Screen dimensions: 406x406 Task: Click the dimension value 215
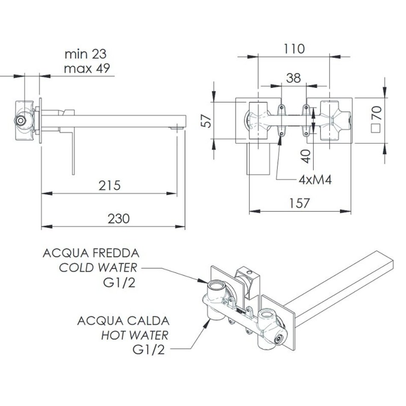coord(109,185)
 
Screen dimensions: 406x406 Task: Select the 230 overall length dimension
coord(118,218)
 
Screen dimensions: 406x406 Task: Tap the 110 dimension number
coord(294,49)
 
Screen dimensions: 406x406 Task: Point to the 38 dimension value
coord(294,78)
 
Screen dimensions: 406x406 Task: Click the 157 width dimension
coord(300,203)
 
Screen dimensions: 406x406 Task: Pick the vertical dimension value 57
coord(206,121)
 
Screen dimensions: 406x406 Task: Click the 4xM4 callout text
coord(315,179)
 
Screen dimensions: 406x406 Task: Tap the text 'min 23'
coord(85,54)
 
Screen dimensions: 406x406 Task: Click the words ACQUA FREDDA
coord(91,253)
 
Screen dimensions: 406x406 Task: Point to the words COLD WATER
coord(98,268)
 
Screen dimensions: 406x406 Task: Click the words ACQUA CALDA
coord(123,321)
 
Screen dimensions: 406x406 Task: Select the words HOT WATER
coord(135,335)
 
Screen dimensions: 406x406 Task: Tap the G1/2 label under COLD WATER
coord(119,283)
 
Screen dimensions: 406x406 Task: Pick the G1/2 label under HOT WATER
coord(149,350)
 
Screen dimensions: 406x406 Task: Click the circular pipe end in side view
coord(20,121)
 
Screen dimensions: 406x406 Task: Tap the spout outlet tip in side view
coord(177,128)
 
